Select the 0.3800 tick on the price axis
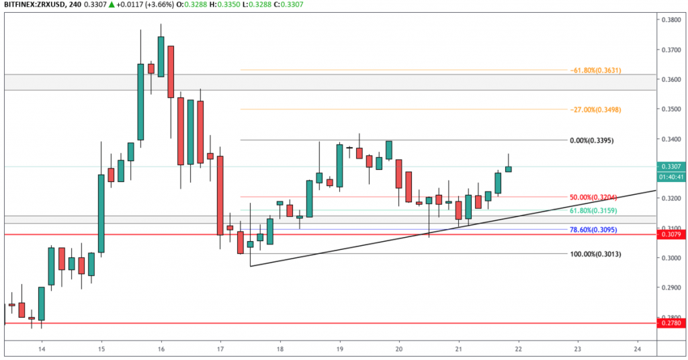click(x=669, y=20)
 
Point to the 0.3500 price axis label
click(x=669, y=109)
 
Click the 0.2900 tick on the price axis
click(x=669, y=287)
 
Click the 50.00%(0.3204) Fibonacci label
click(x=594, y=197)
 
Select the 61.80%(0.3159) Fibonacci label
click(x=594, y=211)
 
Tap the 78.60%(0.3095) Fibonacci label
click(x=594, y=229)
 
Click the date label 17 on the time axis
click(x=220, y=349)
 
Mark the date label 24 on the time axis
click(x=637, y=349)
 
